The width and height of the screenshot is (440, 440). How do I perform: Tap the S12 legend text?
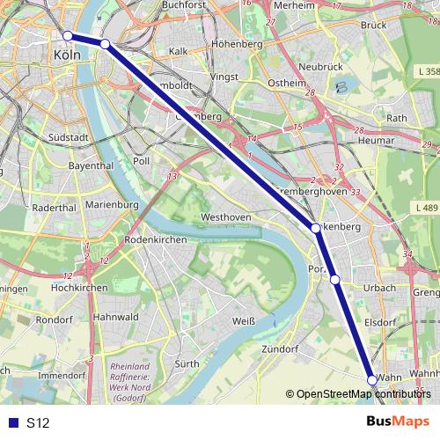tap(38, 423)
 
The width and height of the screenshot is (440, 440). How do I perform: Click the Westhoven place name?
tap(226, 216)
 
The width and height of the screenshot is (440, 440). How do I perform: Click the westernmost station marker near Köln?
tap(68, 35)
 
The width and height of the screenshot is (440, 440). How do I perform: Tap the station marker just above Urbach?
tap(334, 280)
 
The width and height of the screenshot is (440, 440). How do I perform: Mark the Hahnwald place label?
tap(116, 317)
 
